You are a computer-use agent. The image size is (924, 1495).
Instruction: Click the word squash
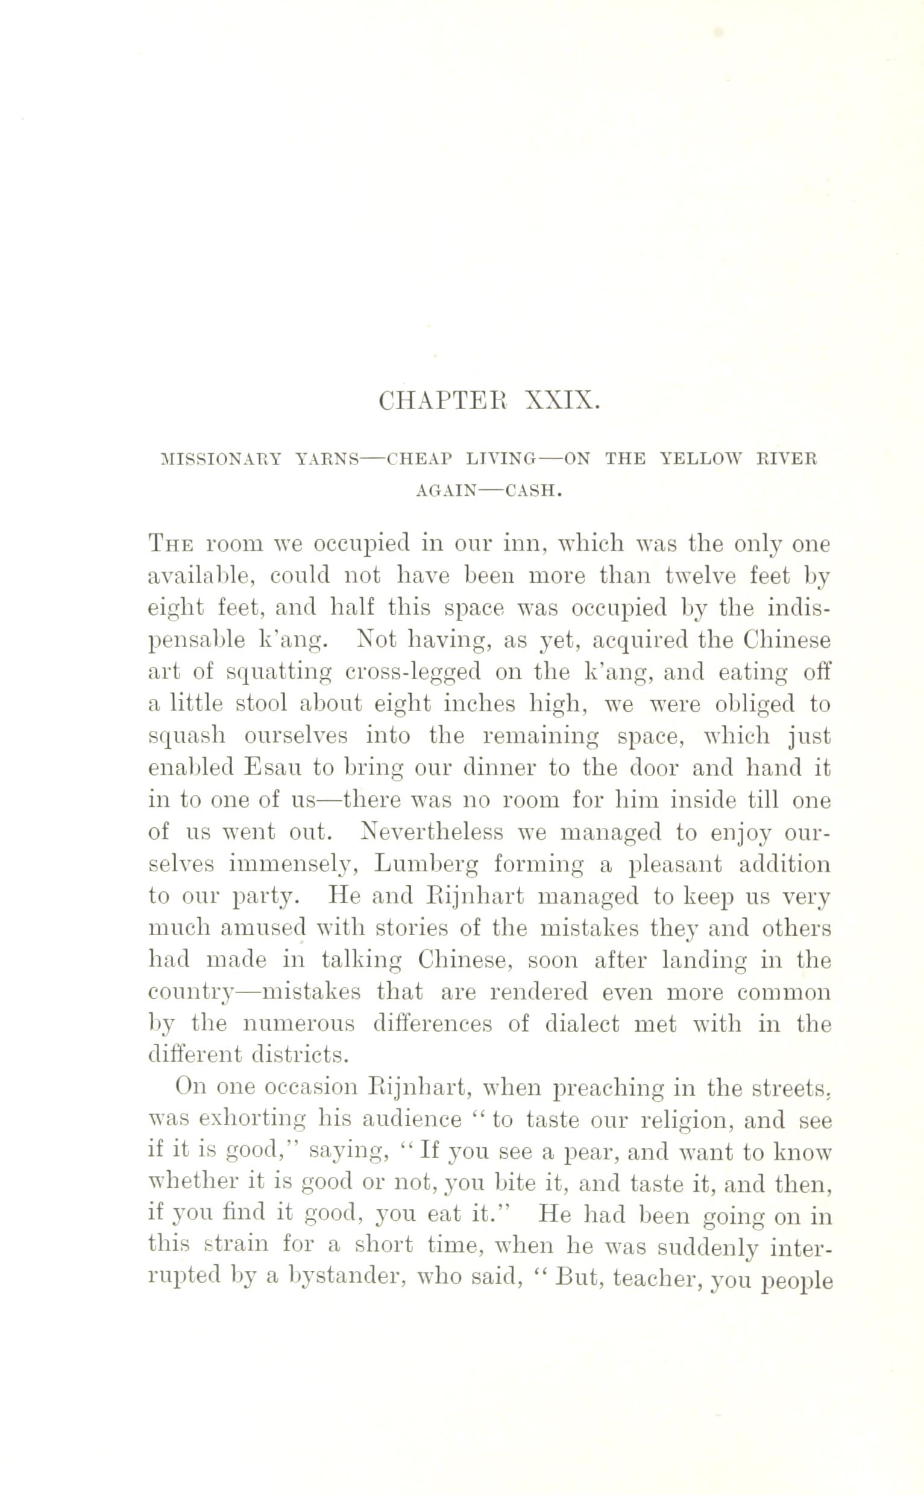[x=187, y=736]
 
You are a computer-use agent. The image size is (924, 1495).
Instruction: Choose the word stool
[x=262, y=704]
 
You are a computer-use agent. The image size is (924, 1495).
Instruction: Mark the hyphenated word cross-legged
[x=413, y=672]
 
